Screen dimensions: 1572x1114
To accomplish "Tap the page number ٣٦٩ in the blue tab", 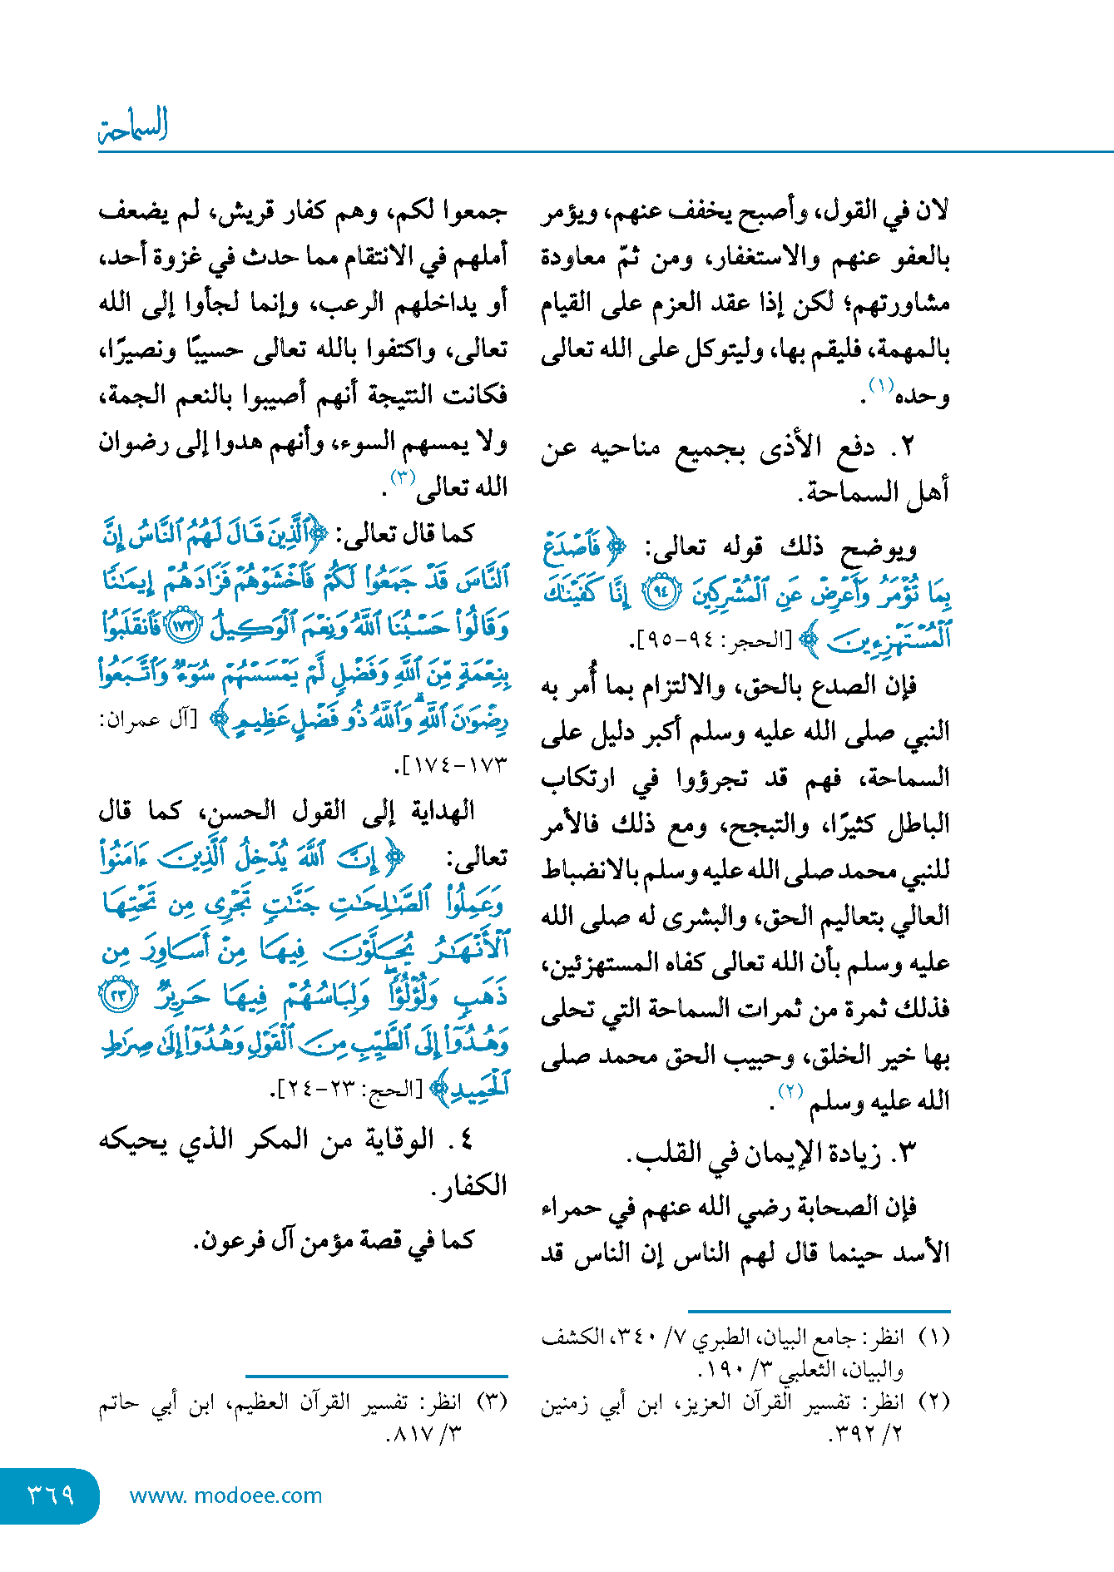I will click(51, 1495).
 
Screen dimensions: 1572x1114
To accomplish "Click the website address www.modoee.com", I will click(225, 1495).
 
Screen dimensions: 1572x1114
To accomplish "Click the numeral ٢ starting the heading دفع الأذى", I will click(907, 447).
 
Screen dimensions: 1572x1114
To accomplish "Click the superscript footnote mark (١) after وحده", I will click(881, 385).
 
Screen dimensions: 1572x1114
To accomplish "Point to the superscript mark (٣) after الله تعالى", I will click(404, 477).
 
